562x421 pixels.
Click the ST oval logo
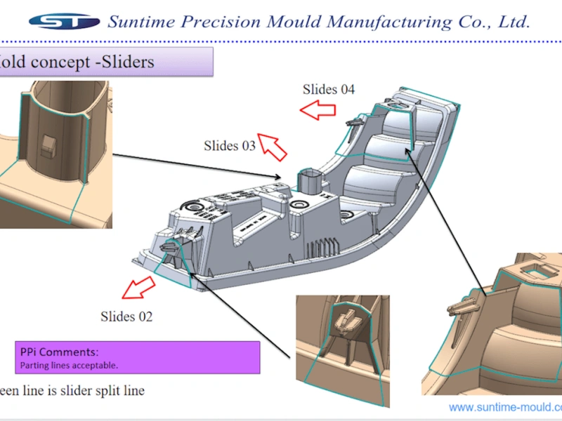click(x=64, y=21)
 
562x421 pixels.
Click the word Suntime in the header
click(x=140, y=22)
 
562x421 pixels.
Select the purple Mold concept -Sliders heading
click(x=105, y=62)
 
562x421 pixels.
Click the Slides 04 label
click(x=329, y=89)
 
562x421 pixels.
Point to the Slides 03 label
click(x=230, y=146)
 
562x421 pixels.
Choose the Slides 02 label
click(x=126, y=316)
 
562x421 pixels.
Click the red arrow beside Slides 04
click(x=316, y=109)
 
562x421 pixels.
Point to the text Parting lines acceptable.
click(x=67, y=365)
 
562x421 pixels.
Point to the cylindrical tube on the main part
click(x=310, y=183)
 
